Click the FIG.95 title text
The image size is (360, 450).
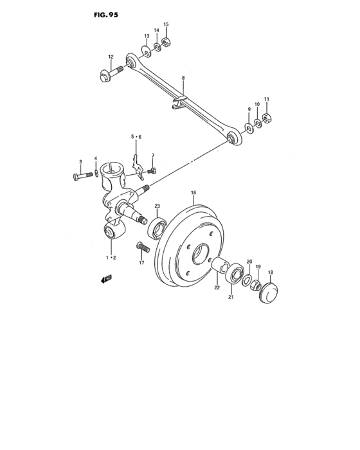coord(105,13)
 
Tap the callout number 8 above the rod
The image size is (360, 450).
coord(183,78)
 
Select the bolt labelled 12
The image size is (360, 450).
coord(108,76)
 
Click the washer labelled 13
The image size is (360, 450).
coord(147,48)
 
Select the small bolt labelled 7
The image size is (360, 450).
coord(152,172)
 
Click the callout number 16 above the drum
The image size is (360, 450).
coord(194,192)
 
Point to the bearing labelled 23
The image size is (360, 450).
coord(158,228)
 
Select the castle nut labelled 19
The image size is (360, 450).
coord(255,285)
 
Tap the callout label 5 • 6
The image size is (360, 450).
coord(136,137)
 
